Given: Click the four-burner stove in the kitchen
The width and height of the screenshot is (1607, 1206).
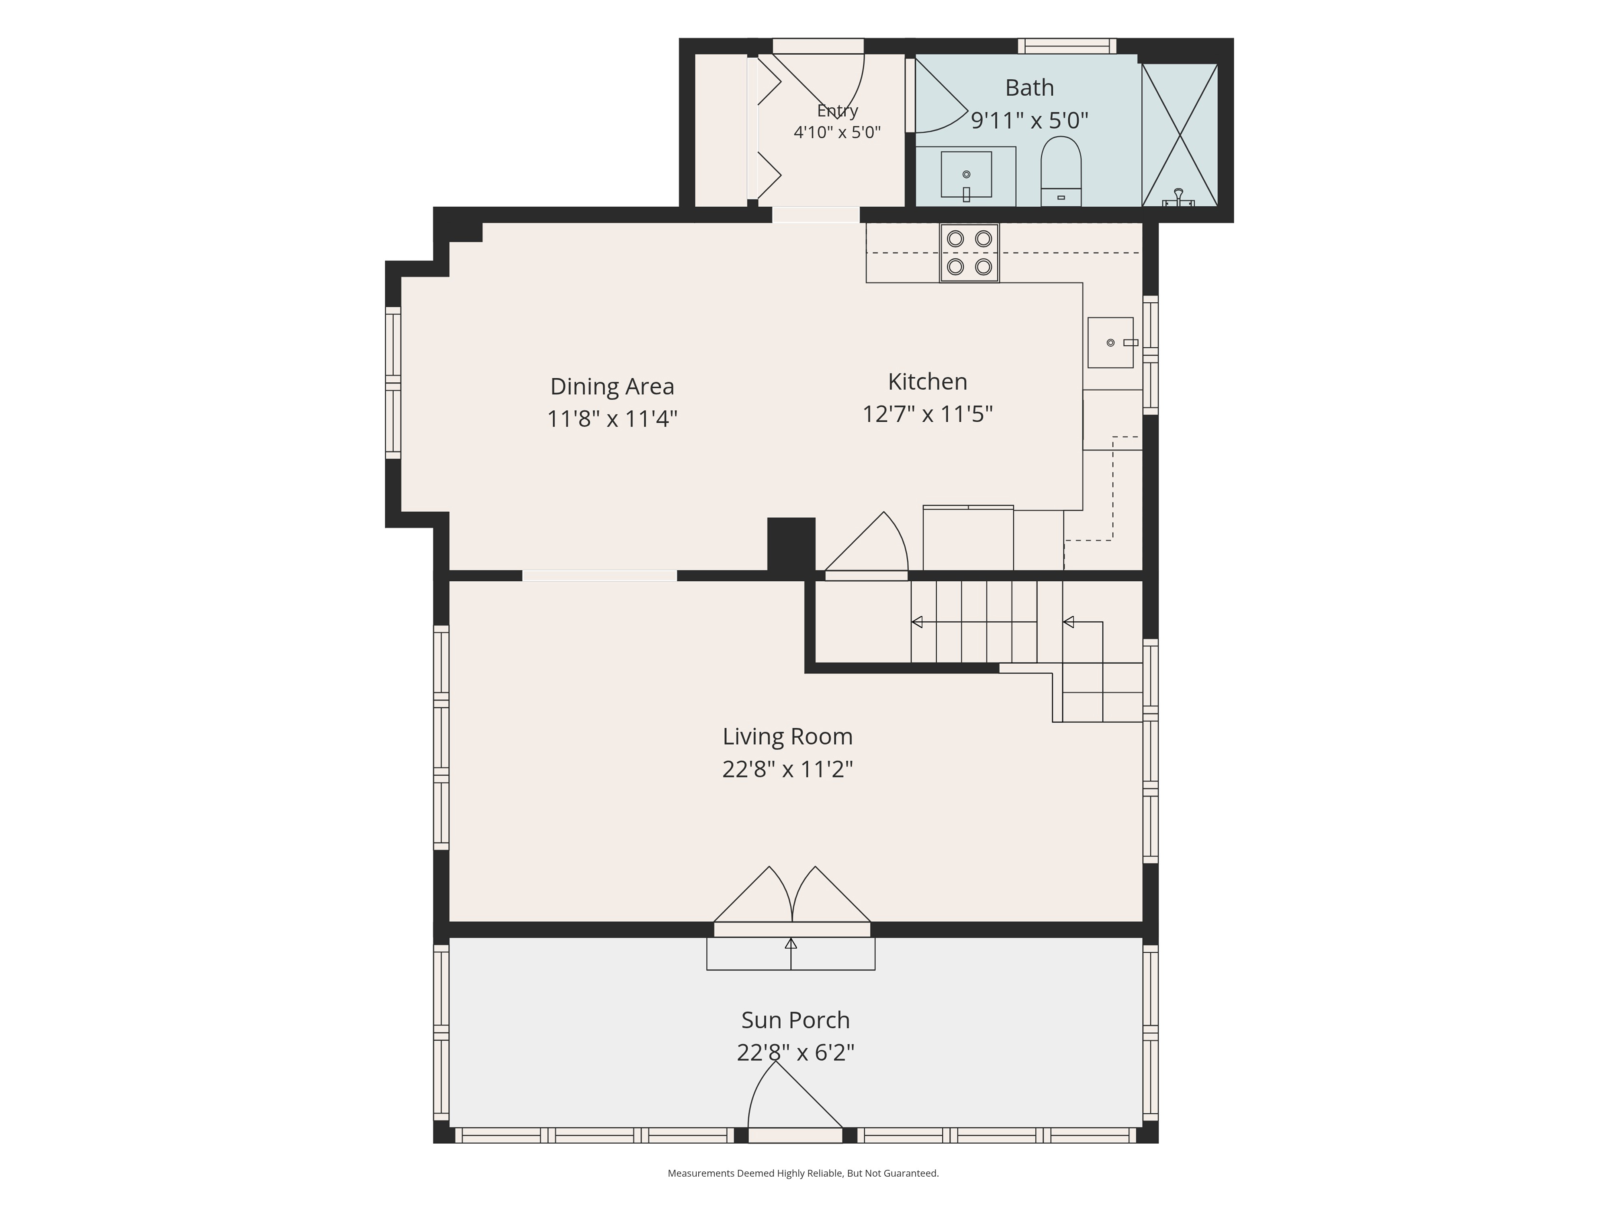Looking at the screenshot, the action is tap(969, 253).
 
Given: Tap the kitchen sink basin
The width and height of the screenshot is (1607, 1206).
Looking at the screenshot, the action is tap(1110, 343).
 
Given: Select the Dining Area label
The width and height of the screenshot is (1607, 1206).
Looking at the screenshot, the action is tap(612, 386).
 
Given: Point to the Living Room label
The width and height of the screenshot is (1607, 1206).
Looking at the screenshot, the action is tap(787, 736).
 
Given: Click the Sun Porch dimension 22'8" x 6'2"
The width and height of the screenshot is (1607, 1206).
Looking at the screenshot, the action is tap(795, 1052).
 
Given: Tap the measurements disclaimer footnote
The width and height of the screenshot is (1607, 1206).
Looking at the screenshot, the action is tap(803, 1173).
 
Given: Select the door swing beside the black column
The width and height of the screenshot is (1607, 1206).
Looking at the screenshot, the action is tap(866, 545).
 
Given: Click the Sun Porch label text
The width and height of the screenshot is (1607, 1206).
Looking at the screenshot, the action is tap(795, 1020).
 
